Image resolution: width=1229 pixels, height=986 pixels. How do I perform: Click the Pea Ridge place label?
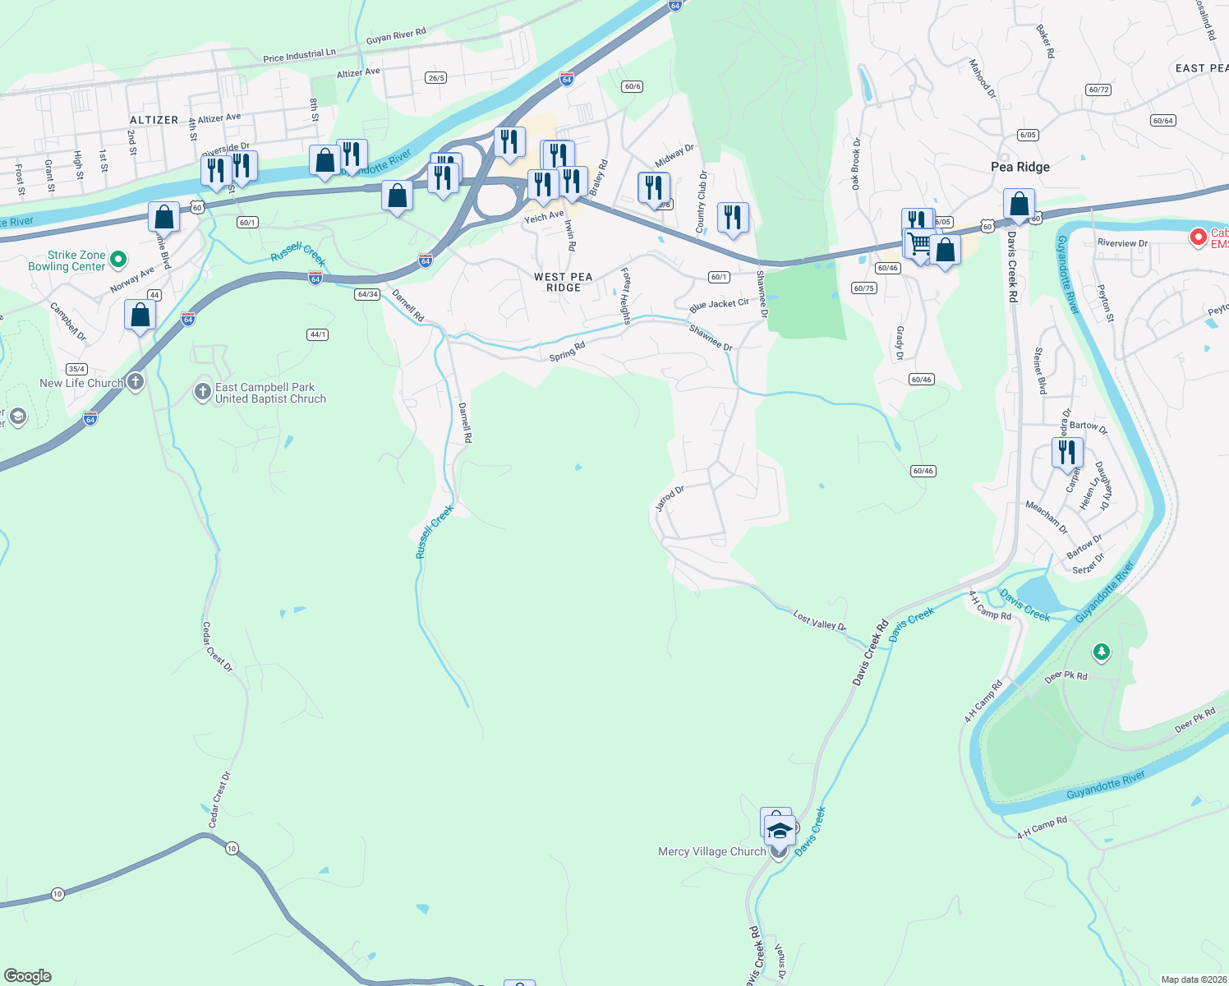(1020, 167)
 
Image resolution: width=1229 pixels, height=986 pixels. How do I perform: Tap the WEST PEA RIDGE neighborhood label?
(563, 282)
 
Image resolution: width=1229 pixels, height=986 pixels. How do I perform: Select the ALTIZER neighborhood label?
(154, 120)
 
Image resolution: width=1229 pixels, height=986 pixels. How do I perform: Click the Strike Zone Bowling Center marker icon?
(118, 260)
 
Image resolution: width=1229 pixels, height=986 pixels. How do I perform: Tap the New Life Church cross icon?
(136, 382)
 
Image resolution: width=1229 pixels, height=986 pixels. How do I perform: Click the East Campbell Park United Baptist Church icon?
(202, 392)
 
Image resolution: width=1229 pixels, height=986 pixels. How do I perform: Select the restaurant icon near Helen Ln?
(1067, 452)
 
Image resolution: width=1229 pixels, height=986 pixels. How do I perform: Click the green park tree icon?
(1101, 652)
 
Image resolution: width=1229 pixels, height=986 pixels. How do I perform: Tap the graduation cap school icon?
(779, 830)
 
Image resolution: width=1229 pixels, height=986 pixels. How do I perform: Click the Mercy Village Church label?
(711, 851)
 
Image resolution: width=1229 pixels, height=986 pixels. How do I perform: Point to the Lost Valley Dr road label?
(819, 620)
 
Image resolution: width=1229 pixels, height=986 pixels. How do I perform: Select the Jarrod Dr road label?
(670, 498)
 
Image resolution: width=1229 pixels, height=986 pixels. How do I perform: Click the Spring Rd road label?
(567, 352)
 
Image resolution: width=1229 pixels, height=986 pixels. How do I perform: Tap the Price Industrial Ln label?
(299, 56)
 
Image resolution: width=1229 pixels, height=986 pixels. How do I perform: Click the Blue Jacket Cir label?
(719, 305)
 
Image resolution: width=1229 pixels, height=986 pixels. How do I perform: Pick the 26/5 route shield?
(435, 78)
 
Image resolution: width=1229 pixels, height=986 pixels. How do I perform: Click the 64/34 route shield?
(367, 294)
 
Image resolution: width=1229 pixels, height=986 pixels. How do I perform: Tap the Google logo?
(28, 975)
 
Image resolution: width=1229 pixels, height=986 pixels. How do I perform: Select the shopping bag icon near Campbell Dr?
(140, 315)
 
